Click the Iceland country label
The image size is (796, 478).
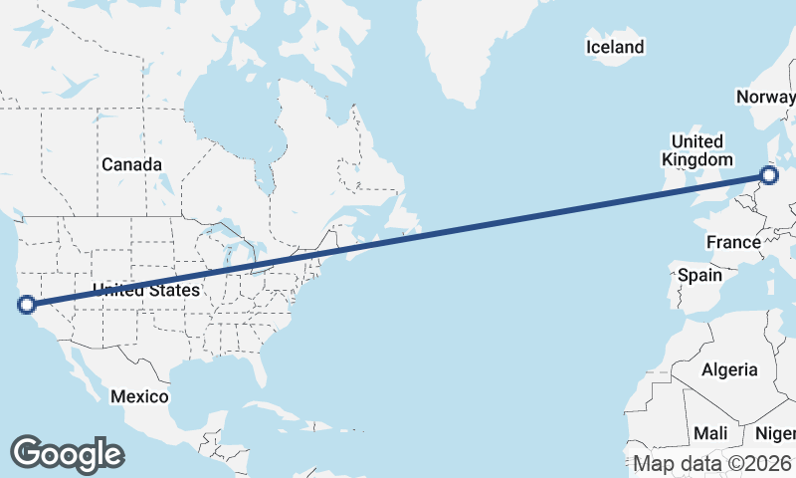615,47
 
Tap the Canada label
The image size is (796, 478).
130,163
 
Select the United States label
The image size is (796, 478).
146,290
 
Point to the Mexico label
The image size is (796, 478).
139,396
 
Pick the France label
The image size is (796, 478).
733,242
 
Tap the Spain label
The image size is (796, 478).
700,275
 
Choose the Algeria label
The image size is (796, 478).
729,370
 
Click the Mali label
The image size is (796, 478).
710,433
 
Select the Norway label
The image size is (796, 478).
765,97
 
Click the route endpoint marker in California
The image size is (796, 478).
27,305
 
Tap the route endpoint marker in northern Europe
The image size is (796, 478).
769,176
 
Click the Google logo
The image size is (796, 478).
67,454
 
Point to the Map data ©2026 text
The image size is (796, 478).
712,464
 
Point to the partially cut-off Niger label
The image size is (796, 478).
775,433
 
